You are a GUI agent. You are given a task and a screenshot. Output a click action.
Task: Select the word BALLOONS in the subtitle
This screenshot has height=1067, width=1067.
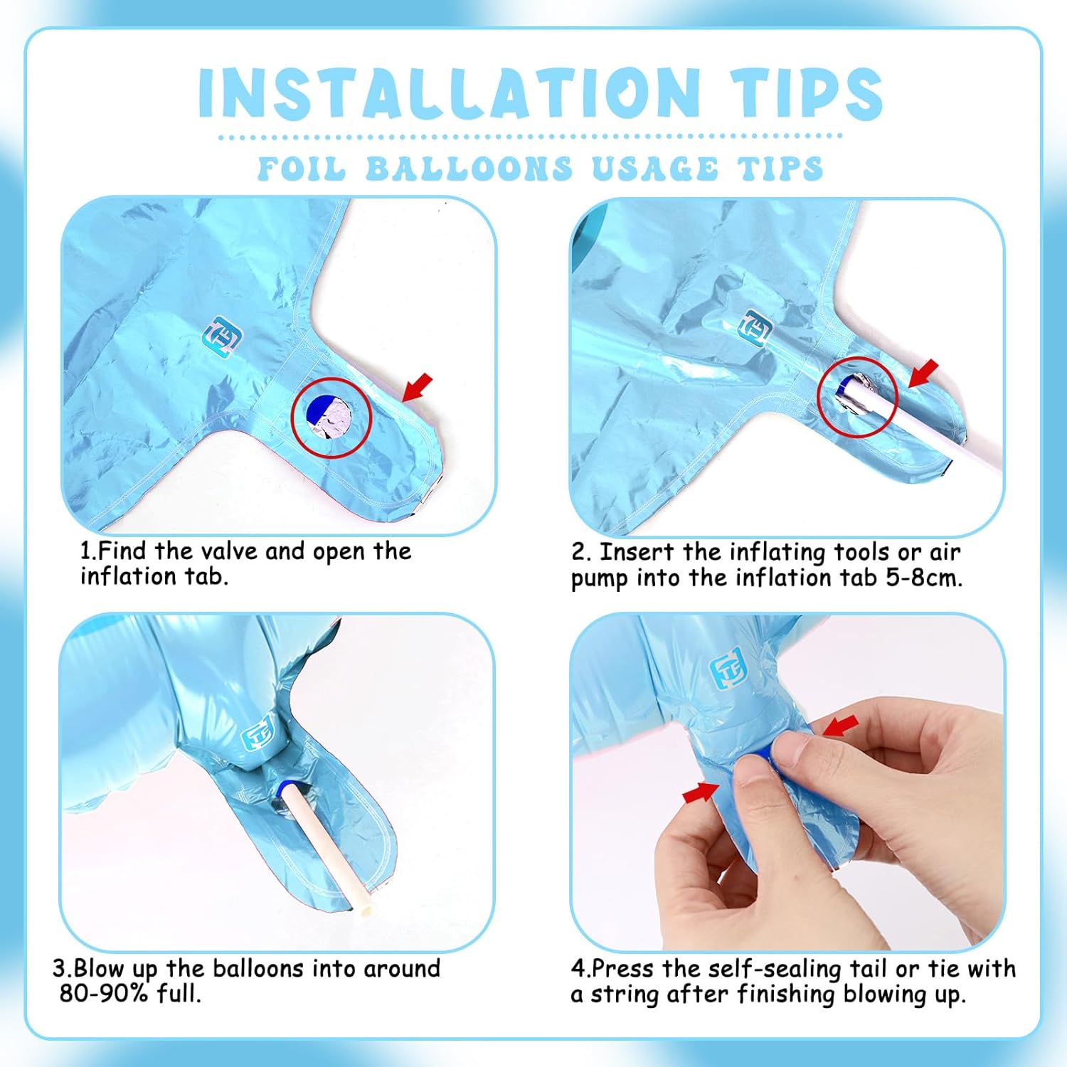point(469,169)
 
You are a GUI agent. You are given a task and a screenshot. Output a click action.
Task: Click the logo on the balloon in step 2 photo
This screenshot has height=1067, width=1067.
point(756,328)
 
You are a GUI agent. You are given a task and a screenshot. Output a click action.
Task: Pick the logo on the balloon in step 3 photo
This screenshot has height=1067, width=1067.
point(258,735)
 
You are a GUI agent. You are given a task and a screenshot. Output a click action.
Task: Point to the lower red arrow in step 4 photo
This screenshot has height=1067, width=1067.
point(701,792)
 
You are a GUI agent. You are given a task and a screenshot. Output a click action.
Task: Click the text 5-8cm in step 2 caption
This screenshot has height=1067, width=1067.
point(924,578)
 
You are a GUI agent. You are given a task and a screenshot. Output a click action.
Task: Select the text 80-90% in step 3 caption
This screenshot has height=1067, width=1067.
point(105,993)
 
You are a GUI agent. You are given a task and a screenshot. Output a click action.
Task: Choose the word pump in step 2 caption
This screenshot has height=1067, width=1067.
point(600,580)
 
